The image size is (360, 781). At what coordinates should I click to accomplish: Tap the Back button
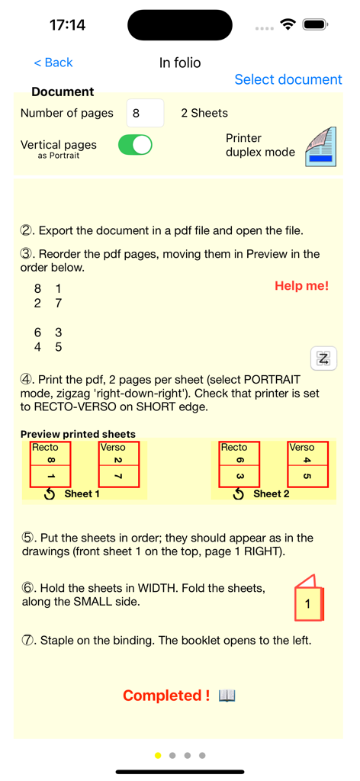(x=53, y=63)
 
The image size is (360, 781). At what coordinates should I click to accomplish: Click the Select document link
(x=288, y=79)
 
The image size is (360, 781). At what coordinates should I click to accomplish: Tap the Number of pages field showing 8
(x=144, y=113)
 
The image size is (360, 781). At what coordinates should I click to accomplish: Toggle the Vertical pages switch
(x=135, y=145)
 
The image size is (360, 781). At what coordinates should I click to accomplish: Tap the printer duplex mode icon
(x=320, y=146)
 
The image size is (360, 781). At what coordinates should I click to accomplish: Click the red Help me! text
(x=302, y=286)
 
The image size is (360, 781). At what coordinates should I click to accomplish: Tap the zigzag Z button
(x=323, y=358)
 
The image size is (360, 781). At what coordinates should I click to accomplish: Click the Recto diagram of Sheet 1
(x=50, y=464)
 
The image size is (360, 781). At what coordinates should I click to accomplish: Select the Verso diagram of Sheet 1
(x=119, y=464)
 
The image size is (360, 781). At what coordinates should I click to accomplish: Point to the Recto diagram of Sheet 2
(x=239, y=464)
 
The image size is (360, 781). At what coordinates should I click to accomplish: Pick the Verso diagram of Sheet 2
(x=307, y=464)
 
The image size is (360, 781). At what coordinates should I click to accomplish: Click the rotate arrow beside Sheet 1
(x=50, y=494)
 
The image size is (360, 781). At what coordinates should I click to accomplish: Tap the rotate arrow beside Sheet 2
(x=239, y=494)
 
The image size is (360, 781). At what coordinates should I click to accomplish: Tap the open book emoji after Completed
(x=227, y=696)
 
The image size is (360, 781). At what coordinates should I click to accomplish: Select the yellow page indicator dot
(x=158, y=756)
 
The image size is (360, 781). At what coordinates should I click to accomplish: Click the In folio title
(x=180, y=63)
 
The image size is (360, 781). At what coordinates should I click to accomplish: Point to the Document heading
(x=63, y=92)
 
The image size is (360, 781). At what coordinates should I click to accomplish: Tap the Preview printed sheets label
(x=78, y=434)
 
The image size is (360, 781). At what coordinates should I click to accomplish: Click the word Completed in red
(x=163, y=696)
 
